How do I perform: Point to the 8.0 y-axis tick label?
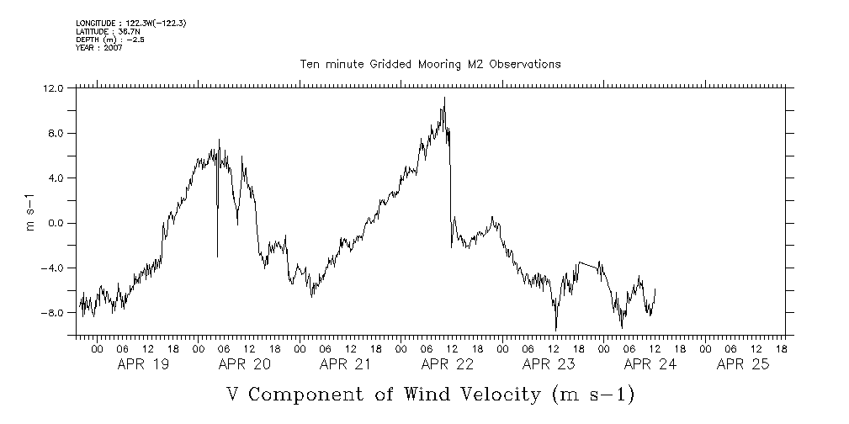pos(55,133)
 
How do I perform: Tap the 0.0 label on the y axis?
pos(55,223)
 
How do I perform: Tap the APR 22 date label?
pos(447,365)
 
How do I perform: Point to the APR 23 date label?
pos(549,365)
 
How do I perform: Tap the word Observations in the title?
pos(519,64)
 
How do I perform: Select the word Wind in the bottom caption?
pos(454,395)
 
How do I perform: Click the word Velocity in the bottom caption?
pos(514,395)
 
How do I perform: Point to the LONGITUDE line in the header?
pos(130,24)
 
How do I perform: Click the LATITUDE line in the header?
pos(105,31)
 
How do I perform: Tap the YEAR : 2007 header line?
pos(99,47)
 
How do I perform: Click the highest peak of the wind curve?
pos(444,98)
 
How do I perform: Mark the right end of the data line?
pos(655,289)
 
